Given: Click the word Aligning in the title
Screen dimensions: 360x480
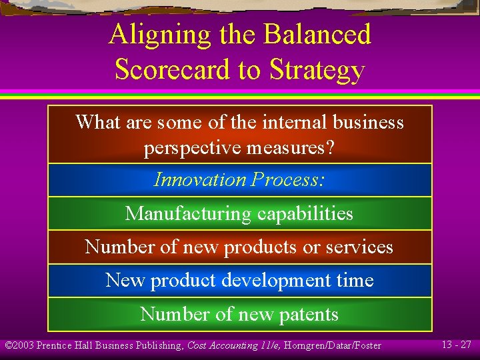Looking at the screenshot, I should [x=151, y=35].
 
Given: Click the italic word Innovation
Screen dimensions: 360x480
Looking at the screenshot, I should [x=200, y=179].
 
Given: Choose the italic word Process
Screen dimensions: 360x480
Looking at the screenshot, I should [x=287, y=179].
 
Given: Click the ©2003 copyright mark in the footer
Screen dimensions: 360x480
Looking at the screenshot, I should [x=19, y=345].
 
